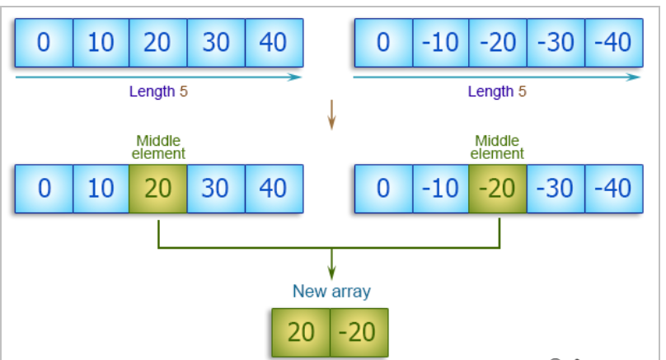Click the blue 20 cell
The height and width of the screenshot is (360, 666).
tap(158, 43)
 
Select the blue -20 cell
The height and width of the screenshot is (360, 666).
tap(498, 43)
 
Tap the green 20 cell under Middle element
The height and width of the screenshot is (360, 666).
tap(158, 189)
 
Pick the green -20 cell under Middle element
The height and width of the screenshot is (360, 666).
tap(498, 189)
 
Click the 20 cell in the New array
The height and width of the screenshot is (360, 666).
tap(301, 332)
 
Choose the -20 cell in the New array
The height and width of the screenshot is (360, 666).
tap(359, 332)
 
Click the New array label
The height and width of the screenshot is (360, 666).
tap(331, 292)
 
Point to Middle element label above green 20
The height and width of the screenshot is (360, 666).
tap(158, 147)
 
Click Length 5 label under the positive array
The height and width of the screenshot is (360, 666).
tap(158, 91)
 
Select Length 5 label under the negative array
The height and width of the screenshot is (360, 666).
tap(497, 91)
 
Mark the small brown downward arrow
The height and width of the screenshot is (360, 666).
tap(331, 115)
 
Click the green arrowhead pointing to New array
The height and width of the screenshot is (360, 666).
tap(331, 274)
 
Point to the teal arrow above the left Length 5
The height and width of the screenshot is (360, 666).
tap(158, 77)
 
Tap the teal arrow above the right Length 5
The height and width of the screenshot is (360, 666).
tap(497, 77)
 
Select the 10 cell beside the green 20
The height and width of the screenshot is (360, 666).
tap(101, 189)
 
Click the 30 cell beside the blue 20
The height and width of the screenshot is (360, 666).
tap(216, 43)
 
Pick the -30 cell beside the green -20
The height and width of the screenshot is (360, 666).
tap(556, 189)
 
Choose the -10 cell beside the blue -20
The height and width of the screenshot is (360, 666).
tap(440, 43)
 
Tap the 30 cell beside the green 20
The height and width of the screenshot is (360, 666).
tap(216, 189)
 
